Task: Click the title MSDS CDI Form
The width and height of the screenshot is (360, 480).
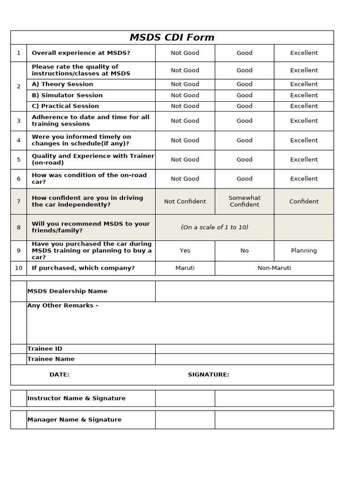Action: point(172,37)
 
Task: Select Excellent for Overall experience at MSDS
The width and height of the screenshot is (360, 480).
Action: point(304,53)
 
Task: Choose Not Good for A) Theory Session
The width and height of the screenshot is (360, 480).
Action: point(185,84)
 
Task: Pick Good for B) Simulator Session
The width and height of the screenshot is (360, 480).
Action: point(244,95)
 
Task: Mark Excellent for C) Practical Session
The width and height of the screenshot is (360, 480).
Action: point(304,106)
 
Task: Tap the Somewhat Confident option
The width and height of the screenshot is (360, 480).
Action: point(244,201)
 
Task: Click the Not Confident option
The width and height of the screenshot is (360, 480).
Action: point(185,202)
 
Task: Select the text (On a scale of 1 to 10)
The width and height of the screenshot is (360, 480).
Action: point(215,227)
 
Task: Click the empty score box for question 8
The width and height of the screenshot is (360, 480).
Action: point(304,227)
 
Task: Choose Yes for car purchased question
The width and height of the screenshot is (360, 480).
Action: point(185,251)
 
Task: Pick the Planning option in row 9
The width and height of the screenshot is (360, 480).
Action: point(304,251)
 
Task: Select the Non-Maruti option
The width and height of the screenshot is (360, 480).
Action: point(274,268)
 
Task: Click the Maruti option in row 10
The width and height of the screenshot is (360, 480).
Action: point(185,268)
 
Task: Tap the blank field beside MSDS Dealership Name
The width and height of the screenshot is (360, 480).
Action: point(244,291)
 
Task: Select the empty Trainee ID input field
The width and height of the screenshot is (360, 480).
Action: point(244,349)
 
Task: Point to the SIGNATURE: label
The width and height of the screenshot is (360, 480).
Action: point(208,375)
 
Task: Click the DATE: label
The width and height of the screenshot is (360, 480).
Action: point(60,375)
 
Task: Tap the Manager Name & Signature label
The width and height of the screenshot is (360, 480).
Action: point(74,420)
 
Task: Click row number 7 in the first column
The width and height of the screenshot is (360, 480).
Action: point(19,202)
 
